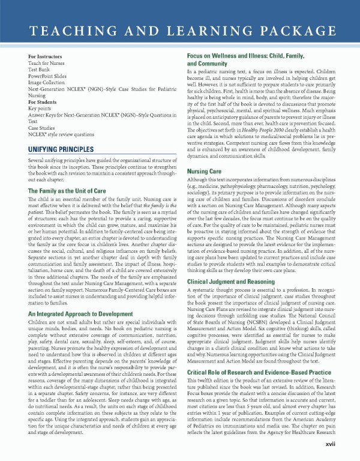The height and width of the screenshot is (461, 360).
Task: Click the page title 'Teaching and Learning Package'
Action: coord(179,31)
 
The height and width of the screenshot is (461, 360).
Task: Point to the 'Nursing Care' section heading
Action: coord(205,171)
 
